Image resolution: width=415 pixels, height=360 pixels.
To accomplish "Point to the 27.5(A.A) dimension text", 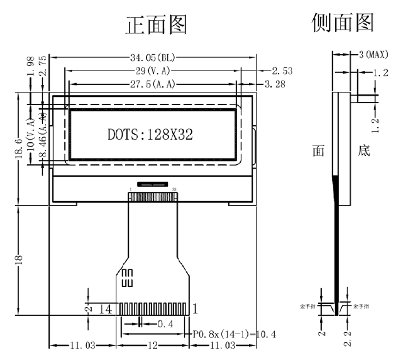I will pos(152,84).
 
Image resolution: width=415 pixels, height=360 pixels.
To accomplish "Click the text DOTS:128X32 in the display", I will pos(150,135).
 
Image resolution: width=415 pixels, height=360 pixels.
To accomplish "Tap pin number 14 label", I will pos(106,308).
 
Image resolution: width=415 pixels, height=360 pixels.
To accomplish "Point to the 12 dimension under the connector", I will pos(153,346).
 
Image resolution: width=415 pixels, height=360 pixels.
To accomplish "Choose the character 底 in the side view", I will pos(364,152).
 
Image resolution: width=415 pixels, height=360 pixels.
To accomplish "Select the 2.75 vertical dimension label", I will pos(43,67).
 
